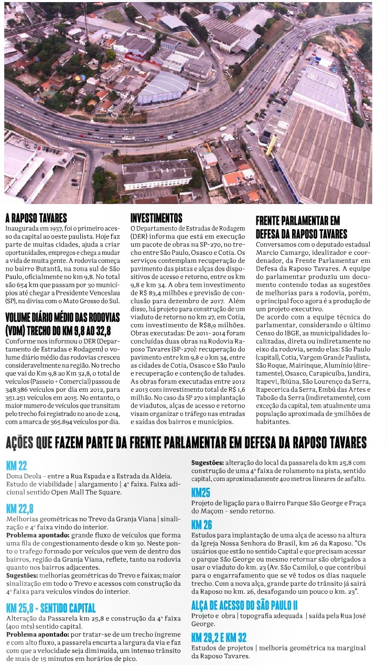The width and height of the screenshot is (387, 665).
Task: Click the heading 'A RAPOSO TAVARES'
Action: pyautogui.click(x=36, y=219)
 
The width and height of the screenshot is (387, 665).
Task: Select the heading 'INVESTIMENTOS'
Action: pyautogui.click(x=156, y=218)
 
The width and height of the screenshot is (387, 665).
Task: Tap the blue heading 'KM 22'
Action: pyautogui.click(x=16, y=466)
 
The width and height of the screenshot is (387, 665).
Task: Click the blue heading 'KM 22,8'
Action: pyautogui.click(x=20, y=509)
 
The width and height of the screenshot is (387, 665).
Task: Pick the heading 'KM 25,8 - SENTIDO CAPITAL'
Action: pyautogui.click(x=51, y=608)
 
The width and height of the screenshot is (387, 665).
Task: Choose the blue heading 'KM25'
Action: pyautogui.click(x=201, y=492)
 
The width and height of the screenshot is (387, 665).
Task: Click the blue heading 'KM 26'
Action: pyautogui.click(x=202, y=525)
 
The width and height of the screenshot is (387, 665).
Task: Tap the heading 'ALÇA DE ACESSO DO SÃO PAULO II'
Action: pyautogui.click(x=244, y=605)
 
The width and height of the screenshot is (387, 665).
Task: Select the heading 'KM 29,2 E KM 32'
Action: pyautogui.click(x=219, y=638)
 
